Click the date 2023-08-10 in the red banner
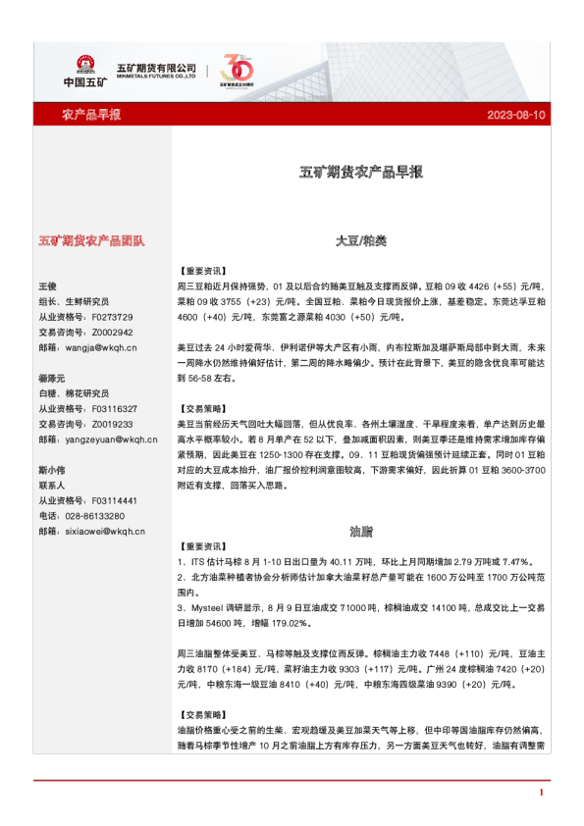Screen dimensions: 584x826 click(516, 116)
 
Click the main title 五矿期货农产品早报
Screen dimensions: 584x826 click(360, 172)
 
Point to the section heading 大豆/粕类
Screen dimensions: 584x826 click(361, 239)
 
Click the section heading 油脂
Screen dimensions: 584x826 click(360, 531)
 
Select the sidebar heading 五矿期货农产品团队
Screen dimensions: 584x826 click(91, 239)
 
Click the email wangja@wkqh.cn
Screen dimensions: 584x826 click(102, 347)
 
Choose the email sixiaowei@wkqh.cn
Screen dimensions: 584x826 click(105, 531)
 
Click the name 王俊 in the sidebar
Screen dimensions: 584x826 click(48, 285)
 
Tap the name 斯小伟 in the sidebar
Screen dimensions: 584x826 click(52, 470)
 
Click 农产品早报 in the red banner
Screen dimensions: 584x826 click(91, 116)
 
